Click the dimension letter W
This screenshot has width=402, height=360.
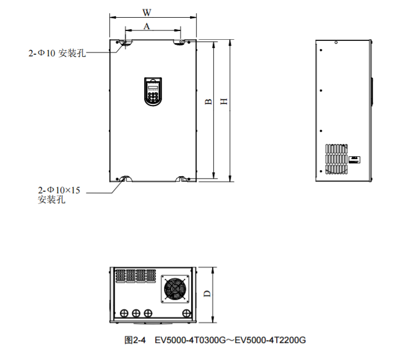point(147,13)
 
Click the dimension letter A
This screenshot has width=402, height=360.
point(147,26)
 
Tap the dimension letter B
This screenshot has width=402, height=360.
point(208,102)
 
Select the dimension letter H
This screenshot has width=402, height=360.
point(224,102)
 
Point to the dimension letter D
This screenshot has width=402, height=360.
point(207,294)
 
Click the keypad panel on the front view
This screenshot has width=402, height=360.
point(153,92)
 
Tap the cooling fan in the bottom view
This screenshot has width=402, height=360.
point(175,289)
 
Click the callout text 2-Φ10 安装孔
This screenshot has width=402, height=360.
point(57,53)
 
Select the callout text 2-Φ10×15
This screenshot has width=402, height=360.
point(59,190)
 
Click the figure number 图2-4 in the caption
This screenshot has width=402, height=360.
point(135,340)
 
